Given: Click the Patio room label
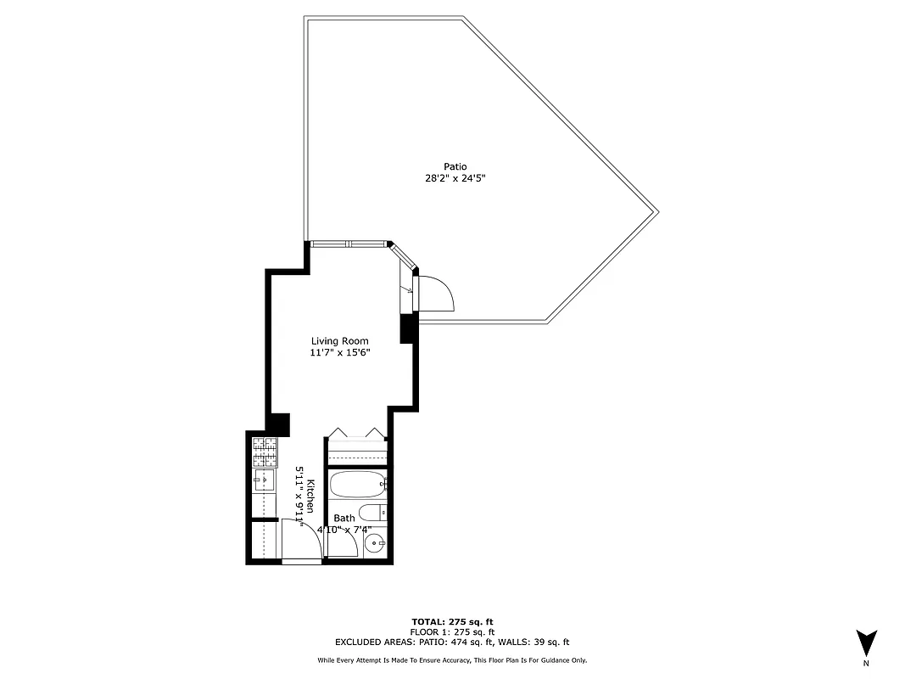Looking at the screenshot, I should [x=455, y=166].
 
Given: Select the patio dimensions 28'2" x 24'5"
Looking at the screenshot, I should [x=455, y=179].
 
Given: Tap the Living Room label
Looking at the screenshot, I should [x=339, y=341].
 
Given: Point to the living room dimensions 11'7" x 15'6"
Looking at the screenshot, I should [x=339, y=353].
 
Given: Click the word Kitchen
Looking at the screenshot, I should [x=311, y=496].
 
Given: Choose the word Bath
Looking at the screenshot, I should [x=344, y=518].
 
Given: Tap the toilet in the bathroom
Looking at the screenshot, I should [x=372, y=512].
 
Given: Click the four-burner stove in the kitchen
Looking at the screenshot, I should [x=265, y=452].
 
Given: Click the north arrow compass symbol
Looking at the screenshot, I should [x=866, y=642].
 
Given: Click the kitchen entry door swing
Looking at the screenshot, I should [x=303, y=539].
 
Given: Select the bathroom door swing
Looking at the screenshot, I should [x=342, y=543].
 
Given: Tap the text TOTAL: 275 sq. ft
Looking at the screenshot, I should [x=452, y=621].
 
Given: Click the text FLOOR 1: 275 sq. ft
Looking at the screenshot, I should [x=452, y=632].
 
